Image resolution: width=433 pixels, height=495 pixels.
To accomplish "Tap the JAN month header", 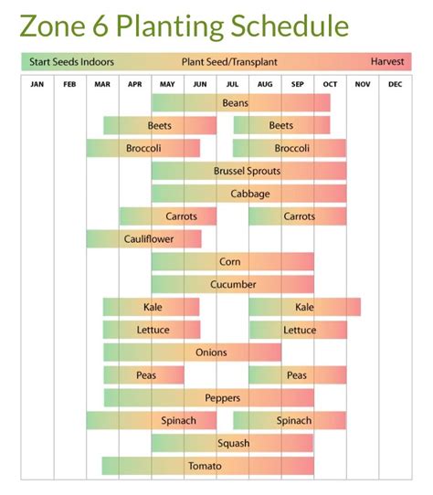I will (37, 84).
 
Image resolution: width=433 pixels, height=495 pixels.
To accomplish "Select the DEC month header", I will (395, 84).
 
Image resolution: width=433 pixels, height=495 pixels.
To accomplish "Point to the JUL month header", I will (232, 84).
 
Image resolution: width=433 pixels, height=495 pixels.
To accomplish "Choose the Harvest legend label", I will (388, 62).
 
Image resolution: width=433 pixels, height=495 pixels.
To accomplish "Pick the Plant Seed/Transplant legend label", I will (228, 62).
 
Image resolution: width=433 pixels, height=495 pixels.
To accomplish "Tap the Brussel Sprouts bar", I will (248, 171).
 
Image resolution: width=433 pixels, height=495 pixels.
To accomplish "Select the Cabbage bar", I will (248, 194).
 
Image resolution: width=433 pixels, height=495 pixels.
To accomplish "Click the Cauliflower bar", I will (143, 239).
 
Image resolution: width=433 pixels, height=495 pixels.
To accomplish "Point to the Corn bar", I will (231, 262).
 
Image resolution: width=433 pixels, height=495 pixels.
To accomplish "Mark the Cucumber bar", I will (232, 284).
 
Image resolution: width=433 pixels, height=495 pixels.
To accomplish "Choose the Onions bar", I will (211, 353).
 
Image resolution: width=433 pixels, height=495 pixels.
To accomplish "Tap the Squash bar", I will (232, 443).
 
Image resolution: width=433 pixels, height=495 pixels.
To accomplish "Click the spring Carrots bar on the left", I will (168, 216).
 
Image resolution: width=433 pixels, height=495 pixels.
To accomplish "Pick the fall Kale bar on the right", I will (304, 307).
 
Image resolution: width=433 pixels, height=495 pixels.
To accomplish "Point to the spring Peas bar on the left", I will (144, 375).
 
